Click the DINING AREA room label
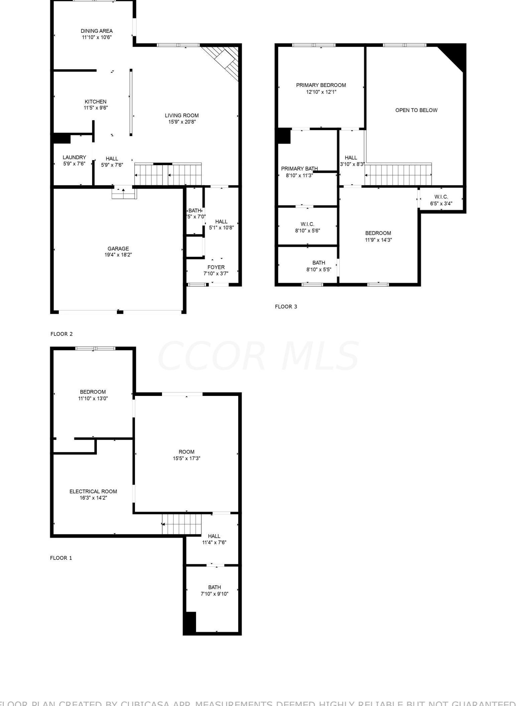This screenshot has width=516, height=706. click(97, 31)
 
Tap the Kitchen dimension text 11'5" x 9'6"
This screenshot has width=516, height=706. click(96, 108)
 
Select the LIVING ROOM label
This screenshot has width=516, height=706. click(182, 115)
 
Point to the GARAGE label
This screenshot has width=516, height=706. click(118, 248)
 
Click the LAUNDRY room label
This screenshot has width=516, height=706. click(74, 157)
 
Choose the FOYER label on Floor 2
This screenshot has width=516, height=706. click(216, 267)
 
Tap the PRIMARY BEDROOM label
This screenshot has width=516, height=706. click(321, 85)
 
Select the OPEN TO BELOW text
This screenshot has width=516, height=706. click(416, 110)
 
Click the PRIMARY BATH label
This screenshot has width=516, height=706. click(299, 169)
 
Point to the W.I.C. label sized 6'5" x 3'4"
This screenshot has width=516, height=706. click(441, 197)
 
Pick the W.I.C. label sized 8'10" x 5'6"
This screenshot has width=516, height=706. click(307, 224)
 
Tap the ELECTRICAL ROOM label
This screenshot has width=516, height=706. click(93, 491)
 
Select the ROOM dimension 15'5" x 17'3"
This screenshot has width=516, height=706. click(186, 458)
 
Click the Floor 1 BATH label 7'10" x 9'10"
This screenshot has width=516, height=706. click(214, 587)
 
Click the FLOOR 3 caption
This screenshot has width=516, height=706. click(286, 306)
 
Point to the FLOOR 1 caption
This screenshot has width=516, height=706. click(61, 558)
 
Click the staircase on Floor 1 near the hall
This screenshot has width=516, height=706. click(182, 524)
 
